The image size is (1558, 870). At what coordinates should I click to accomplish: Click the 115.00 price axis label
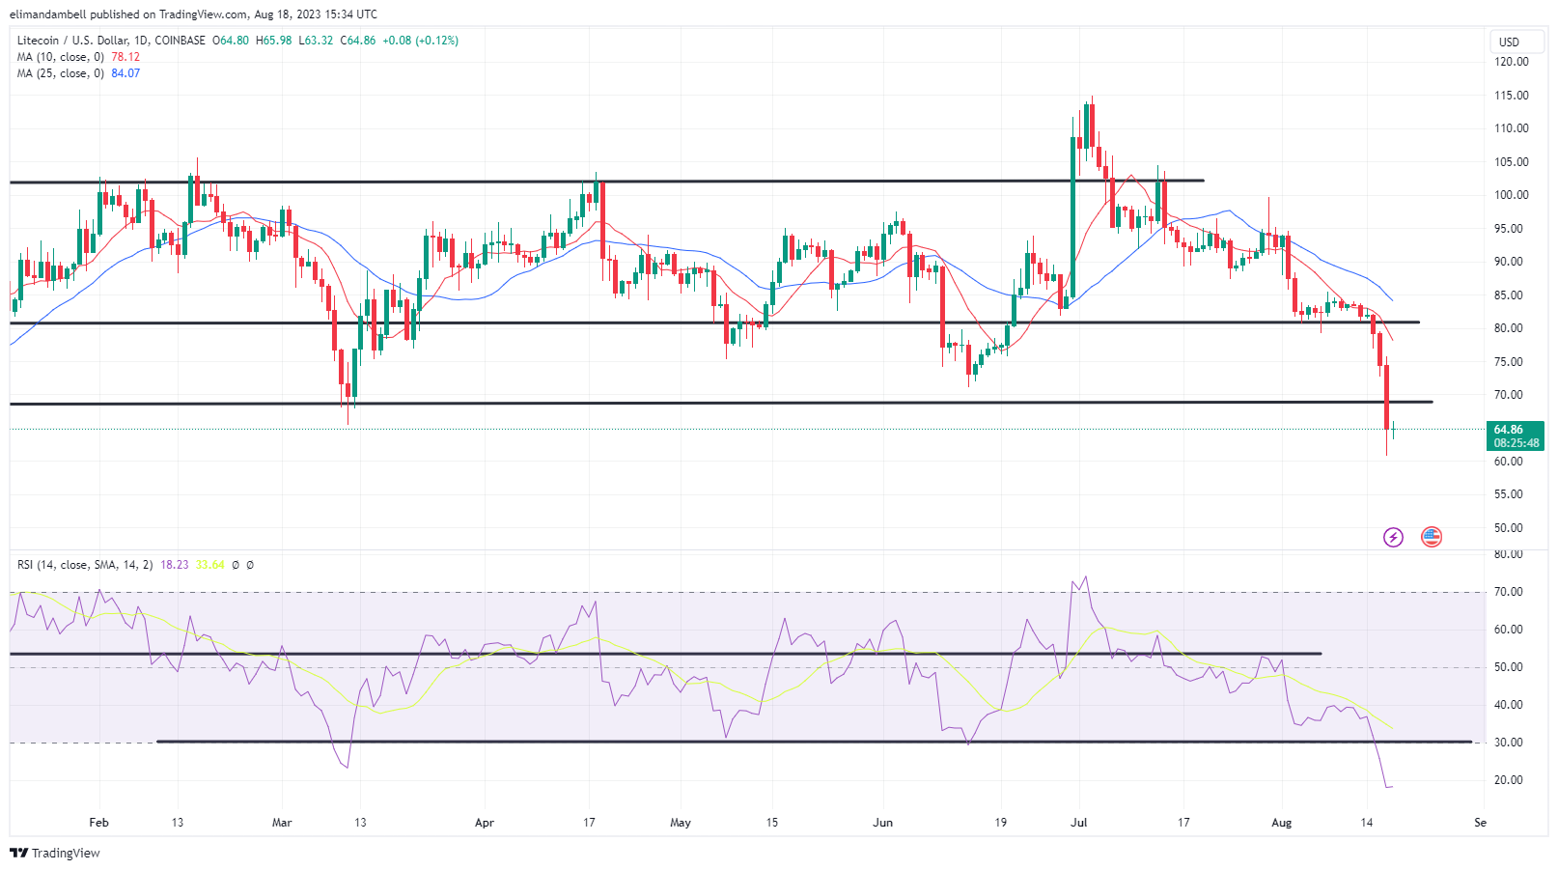[x=1511, y=96]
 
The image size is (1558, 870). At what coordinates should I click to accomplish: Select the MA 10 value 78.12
[x=125, y=57]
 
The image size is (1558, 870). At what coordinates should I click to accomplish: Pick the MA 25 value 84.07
[x=125, y=73]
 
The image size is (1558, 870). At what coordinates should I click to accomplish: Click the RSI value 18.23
[x=175, y=565]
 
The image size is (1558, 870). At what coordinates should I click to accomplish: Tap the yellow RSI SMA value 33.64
[x=209, y=565]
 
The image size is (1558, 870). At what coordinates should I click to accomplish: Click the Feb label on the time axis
[x=98, y=823]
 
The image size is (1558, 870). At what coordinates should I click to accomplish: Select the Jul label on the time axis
[x=1079, y=823]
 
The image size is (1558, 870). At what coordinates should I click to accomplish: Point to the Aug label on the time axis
[x=1281, y=823]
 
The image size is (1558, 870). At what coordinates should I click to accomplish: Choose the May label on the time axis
[x=681, y=823]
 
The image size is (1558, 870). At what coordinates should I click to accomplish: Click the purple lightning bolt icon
[x=1393, y=537]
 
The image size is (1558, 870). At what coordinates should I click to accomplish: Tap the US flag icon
[x=1432, y=537]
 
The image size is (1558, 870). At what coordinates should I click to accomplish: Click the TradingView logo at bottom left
[x=55, y=853]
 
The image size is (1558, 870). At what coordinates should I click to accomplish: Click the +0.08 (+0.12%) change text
[x=420, y=41]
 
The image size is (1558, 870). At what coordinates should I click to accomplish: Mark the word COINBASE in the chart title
[x=180, y=41]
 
